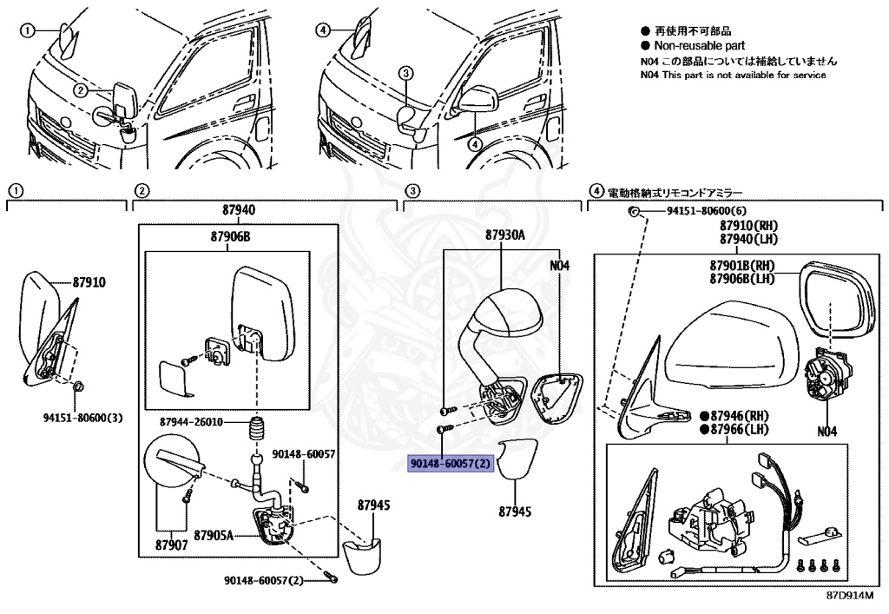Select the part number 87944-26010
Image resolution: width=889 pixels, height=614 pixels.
191,422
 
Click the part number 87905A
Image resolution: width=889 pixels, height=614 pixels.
214,535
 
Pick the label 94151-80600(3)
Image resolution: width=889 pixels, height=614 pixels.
83,418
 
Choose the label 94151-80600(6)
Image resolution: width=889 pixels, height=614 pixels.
706,212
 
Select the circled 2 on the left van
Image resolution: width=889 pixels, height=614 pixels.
80,90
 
